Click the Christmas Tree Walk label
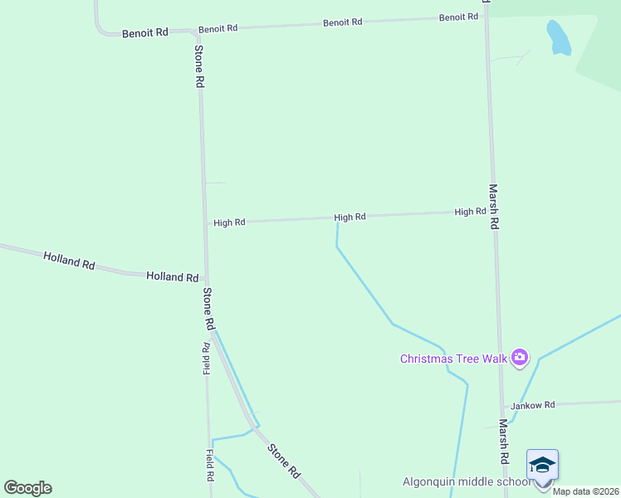(x=454, y=359)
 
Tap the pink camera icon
(x=520, y=358)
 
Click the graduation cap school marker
(x=542, y=465)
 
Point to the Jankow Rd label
(x=531, y=406)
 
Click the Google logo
(x=27, y=488)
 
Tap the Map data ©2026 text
(x=585, y=491)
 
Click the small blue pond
(x=557, y=37)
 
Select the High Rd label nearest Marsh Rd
(x=470, y=212)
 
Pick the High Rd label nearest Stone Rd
(x=229, y=222)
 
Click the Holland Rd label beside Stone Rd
(x=172, y=276)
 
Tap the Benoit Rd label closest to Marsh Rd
(x=458, y=17)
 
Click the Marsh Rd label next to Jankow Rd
(x=503, y=440)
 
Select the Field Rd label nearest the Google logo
(x=211, y=466)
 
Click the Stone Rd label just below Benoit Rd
(x=199, y=66)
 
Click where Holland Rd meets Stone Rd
(x=207, y=279)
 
